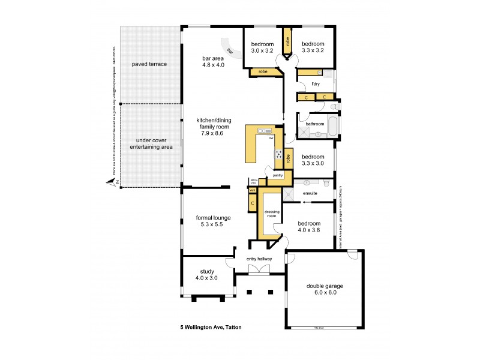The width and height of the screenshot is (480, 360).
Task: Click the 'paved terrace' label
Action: point(149,64)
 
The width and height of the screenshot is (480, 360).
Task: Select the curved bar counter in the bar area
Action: point(231,49)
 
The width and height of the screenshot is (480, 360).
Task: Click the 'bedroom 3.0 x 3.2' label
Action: point(262,47)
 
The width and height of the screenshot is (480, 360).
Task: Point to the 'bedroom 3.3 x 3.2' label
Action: point(313,47)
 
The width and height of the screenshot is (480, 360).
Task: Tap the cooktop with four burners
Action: point(279,155)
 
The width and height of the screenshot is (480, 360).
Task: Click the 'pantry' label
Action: point(277,175)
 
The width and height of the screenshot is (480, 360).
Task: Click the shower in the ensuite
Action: point(290,194)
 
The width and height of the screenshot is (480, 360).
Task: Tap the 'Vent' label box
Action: point(253,190)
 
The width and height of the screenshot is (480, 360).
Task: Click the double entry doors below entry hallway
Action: point(260,270)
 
